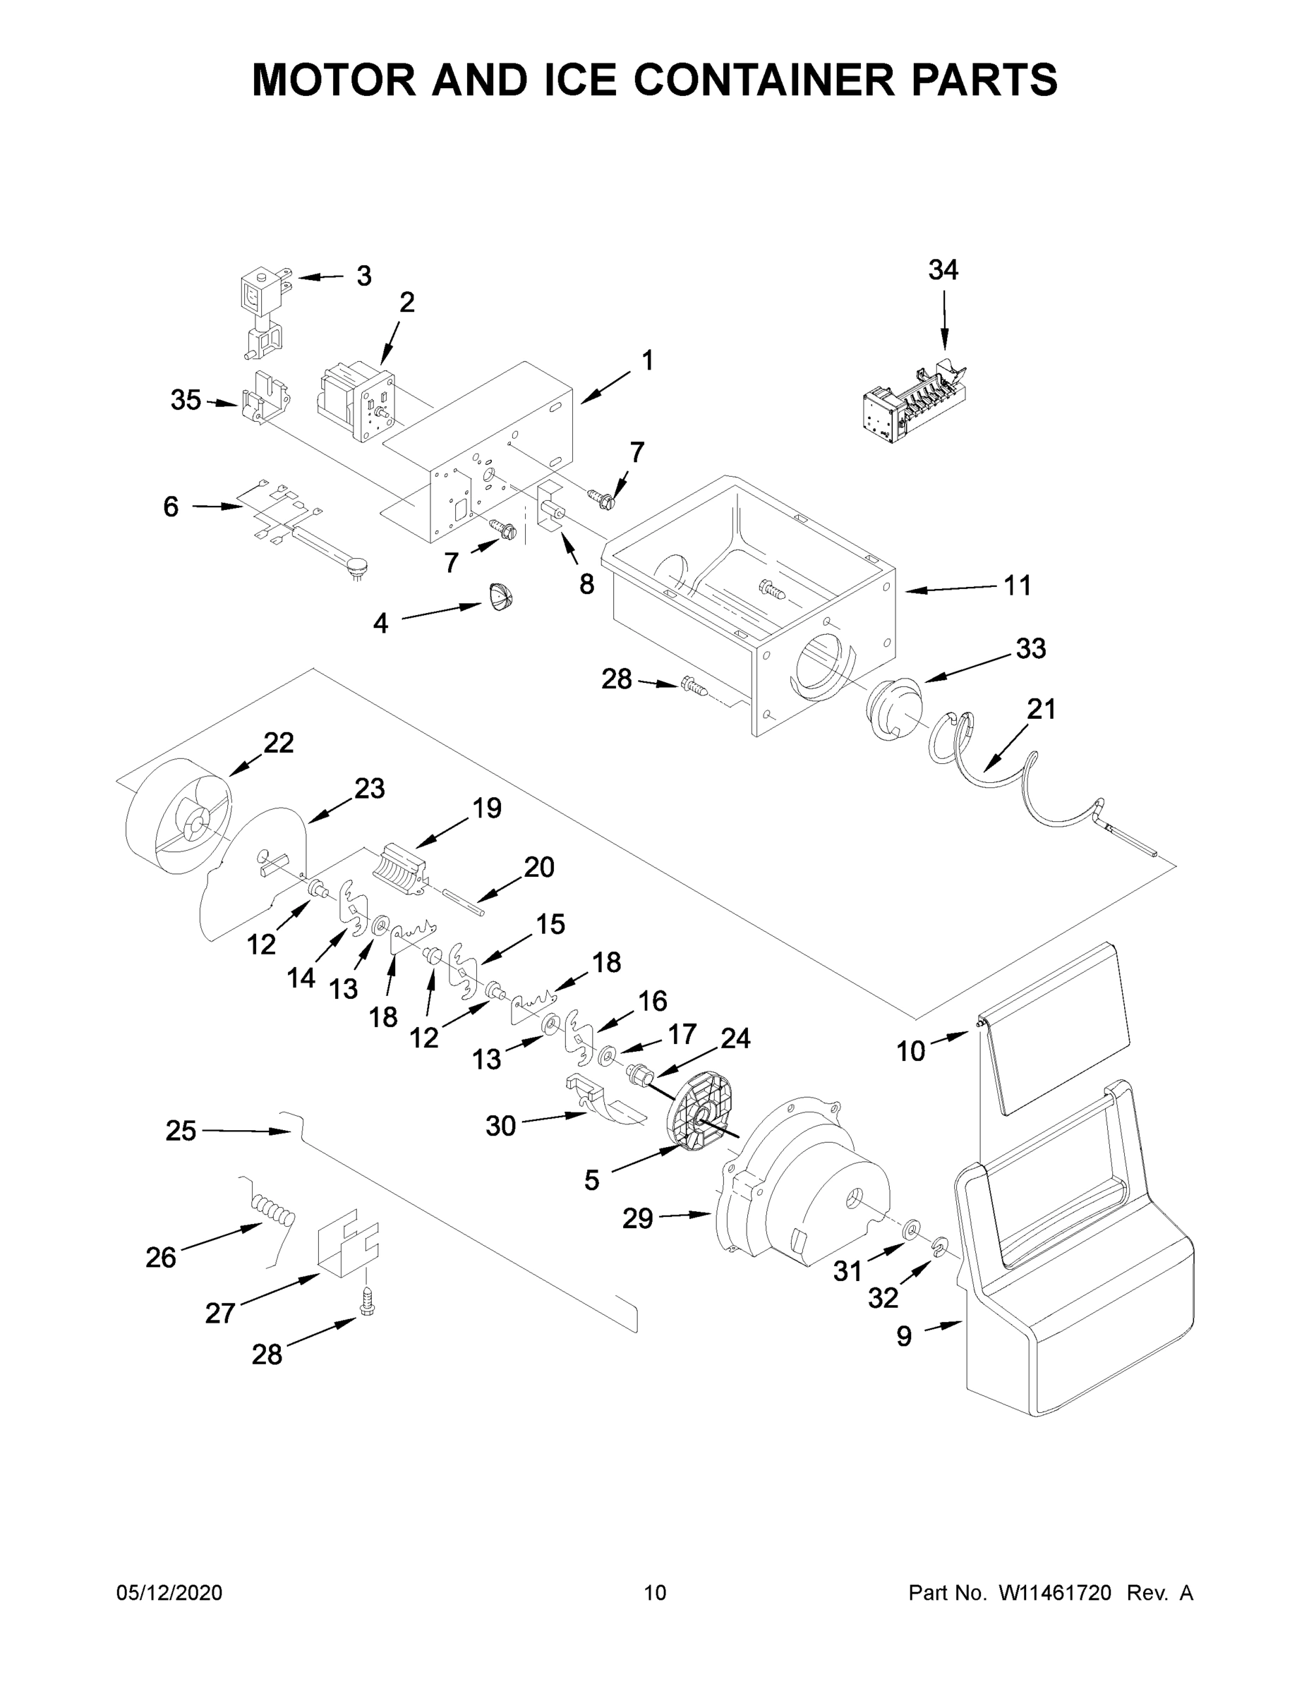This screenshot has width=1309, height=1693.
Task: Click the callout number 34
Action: (x=943, y=271)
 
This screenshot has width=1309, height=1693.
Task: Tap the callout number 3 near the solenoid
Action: (x=363, y=276)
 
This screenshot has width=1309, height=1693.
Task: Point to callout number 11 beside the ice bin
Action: (x=1018, y=586)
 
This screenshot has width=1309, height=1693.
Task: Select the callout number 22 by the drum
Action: (x=279, y=743)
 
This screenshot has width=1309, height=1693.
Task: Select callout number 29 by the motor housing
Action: (x=637, y=1218)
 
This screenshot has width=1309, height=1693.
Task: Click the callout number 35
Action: (x=186, y=401)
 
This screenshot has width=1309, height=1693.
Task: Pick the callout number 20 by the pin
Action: (x=539, y=867)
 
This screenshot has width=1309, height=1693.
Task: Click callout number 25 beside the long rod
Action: (x=181, y=1131)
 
